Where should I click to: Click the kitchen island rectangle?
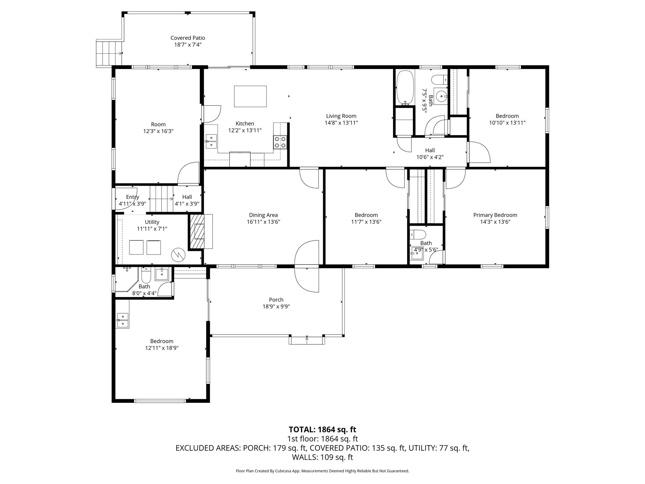[x=250, y=96]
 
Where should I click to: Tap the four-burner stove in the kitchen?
[x=280, y=142]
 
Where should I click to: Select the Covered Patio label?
[x=188, y=38]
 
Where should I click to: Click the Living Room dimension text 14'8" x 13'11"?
[x=341, y=123]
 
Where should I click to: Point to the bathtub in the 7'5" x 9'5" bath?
[x=404, y=87]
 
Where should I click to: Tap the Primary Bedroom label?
[x=495, y=215]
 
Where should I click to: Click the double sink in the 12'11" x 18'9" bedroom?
[x=122, y=320]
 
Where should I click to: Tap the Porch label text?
[x=276, y=300]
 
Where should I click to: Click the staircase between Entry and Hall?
[x=161, y=199]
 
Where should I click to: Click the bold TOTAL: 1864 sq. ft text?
[x=322, y=429]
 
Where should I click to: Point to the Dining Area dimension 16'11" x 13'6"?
[x=263, y=222]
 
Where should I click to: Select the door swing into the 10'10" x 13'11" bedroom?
[x=479, y=152]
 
